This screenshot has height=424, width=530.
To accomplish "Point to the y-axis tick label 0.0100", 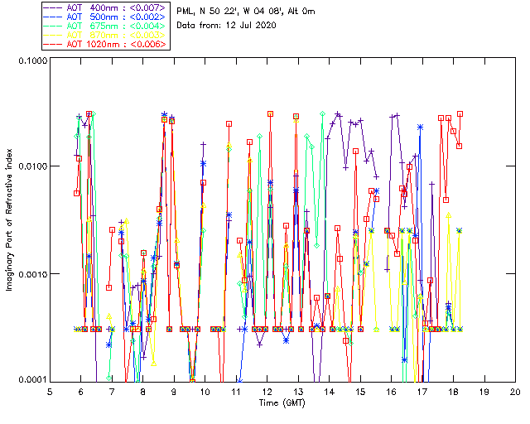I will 31,167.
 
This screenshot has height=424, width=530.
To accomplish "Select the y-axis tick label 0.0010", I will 31,274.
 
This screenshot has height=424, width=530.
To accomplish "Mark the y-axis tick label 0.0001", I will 31,380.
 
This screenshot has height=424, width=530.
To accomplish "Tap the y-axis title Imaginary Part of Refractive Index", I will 11,220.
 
